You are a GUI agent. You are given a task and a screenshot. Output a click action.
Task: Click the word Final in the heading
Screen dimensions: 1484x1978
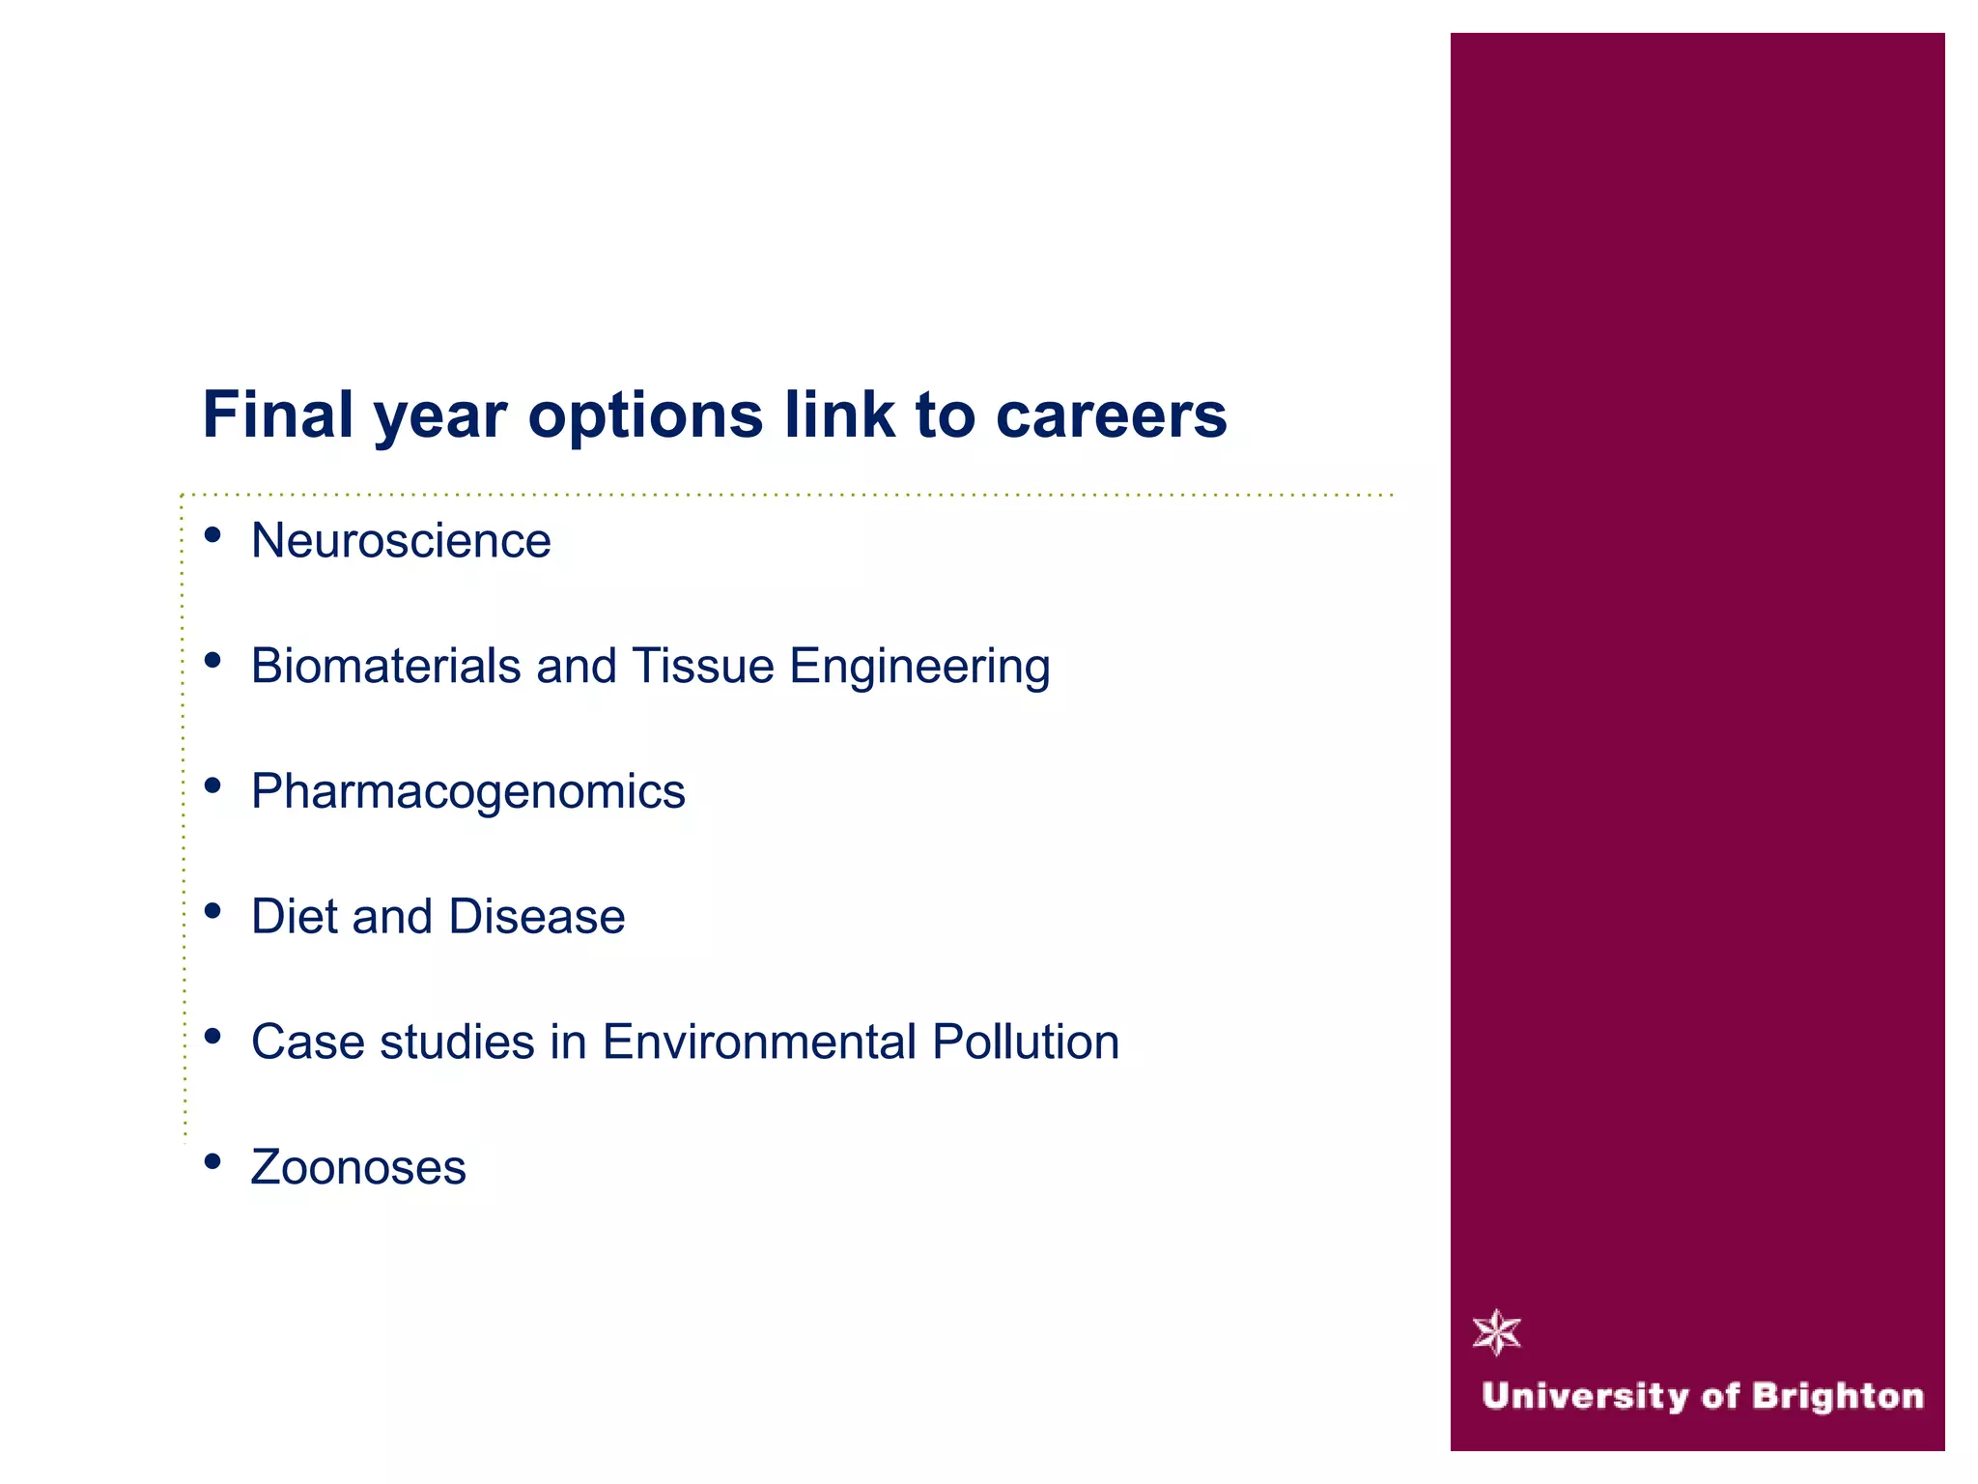point(277,415)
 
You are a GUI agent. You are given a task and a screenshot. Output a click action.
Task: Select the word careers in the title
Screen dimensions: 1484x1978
point(1111,415)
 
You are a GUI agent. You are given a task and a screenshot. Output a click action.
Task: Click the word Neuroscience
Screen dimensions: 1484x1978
point(401,540)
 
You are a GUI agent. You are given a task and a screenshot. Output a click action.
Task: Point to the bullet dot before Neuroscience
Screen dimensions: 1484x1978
point(213,535)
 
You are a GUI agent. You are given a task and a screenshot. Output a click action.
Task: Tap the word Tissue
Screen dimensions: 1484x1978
point(703,666)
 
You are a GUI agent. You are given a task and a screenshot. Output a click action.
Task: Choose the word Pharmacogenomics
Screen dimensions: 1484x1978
point(467,792)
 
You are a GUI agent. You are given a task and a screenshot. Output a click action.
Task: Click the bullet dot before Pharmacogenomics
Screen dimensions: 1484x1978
point(213,785)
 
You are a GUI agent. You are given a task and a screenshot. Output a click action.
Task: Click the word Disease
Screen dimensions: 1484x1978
point(537,916)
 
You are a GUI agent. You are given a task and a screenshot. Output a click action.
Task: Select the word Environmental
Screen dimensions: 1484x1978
point(759,1042)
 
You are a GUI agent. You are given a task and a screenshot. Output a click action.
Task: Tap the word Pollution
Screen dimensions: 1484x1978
point(1026,1042)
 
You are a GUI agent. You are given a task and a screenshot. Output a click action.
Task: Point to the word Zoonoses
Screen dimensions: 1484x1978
point(358,1167)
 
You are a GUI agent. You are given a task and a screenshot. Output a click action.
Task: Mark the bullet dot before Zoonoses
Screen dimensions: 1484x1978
point(213,1161)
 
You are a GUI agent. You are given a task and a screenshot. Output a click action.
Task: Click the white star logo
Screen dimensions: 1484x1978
point(1497,1333)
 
